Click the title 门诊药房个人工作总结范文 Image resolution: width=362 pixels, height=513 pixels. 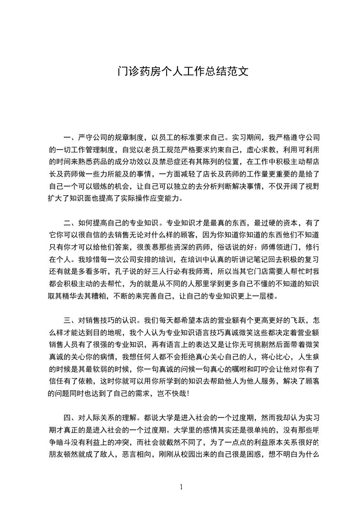[x=181, y=72]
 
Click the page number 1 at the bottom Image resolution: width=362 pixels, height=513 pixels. [x=181, y=487]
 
